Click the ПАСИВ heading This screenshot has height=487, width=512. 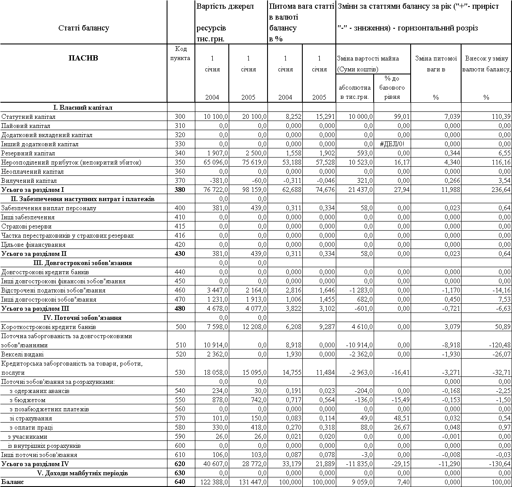[84, 58]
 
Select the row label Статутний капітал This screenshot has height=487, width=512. [29, 117]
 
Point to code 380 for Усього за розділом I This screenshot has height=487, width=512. [180, 190]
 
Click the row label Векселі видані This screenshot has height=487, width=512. [23, 354]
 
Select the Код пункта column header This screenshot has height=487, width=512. [180, 54]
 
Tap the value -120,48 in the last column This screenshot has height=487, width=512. [499, 345]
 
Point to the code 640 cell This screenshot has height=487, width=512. [180, 482]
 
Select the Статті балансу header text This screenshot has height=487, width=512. [84, 28]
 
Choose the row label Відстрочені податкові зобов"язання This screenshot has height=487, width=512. [53, 290]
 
